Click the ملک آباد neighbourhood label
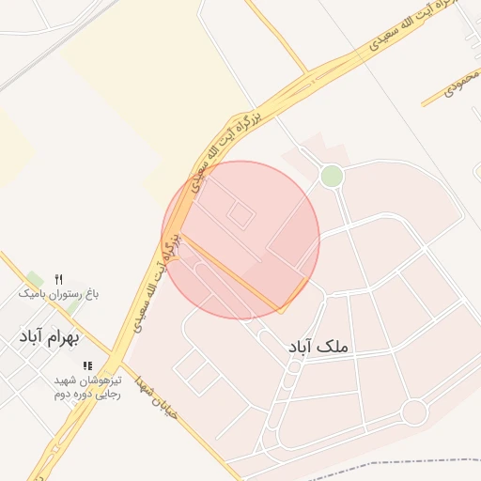pyautogui.click(x=319, y=348)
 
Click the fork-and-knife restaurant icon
pyautogui.click(x=58, y=279)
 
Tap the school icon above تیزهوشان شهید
pyautogui.click(x=87, y=365)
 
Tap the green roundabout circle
pyautogui.click(x=332, y=176)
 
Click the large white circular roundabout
pyautogui.click(x=414, y=411)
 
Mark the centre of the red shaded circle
pyautogui.click(x=241, y=240)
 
